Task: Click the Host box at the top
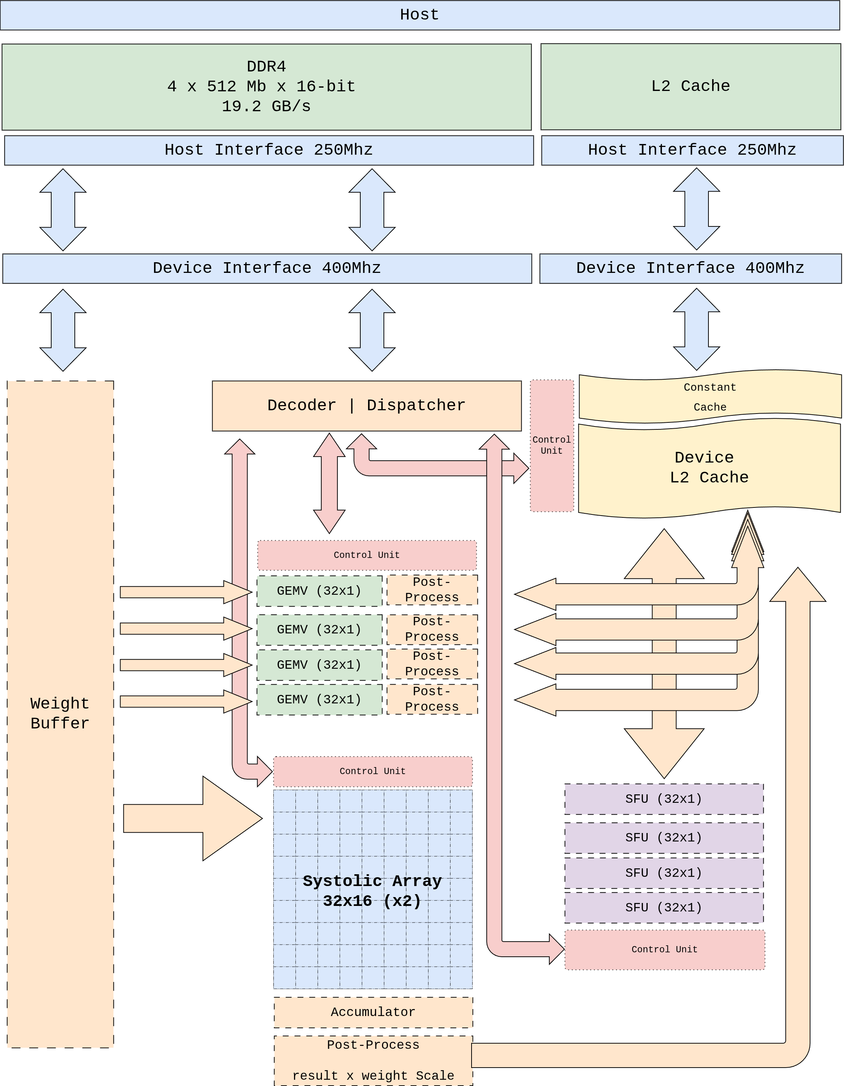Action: click(x=419, y=15)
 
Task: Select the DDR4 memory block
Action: click(x=267, y=87)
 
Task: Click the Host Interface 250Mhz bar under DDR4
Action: click(x=269, y=150)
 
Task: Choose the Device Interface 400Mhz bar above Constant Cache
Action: click(x=690, y=268)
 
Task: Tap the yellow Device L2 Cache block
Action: click(x=709, y=467)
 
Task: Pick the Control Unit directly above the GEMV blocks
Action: click(x=367, y=555)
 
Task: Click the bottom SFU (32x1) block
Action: click(x=663, y=907)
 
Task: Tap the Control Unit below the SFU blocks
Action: click(x=665, y=949)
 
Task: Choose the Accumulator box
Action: click(x=373, y=1012)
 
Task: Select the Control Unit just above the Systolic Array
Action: click(x=372, y=771)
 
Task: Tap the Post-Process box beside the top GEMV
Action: click(x=432, y=590)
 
